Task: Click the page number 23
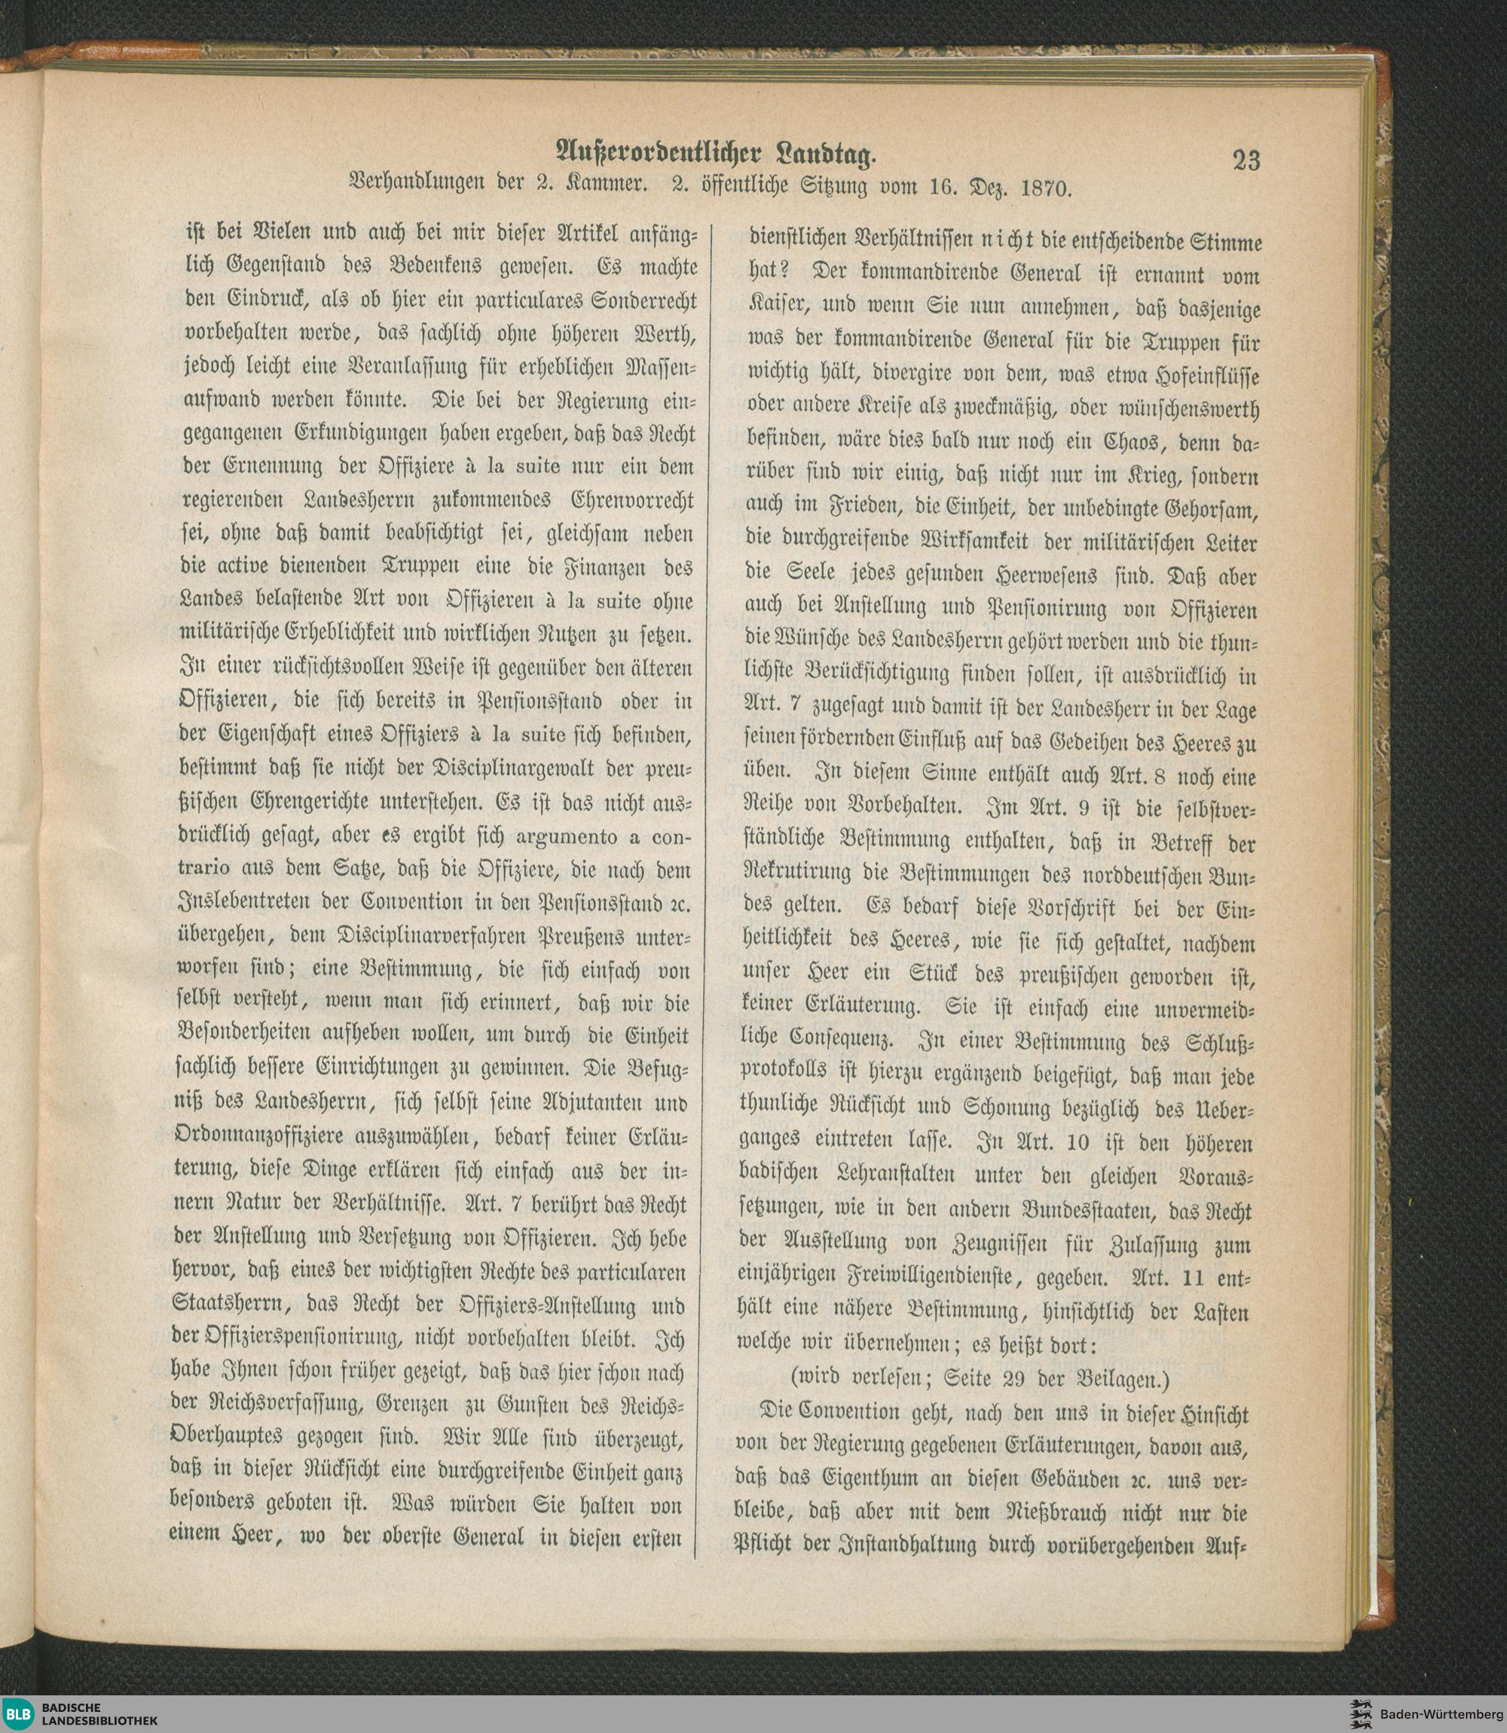pyautogui.click(x=1246, y=159)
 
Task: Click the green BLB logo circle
pyautogui.click(x=16, y=1712)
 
